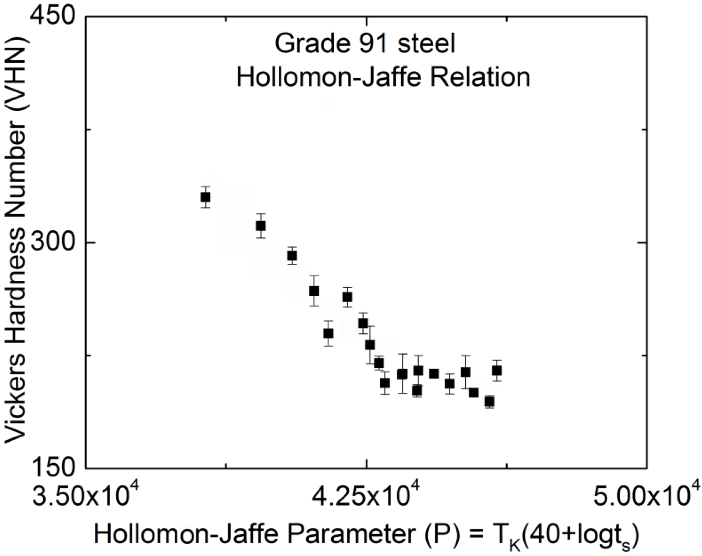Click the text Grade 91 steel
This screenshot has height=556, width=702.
(365, 44)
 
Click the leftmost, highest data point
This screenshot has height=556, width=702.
(205, 197)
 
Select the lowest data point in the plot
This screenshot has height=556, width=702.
(489, 402)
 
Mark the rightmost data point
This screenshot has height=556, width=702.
(497, 370)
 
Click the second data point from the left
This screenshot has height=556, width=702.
(261, 226)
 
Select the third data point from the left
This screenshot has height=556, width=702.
(292, 255)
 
